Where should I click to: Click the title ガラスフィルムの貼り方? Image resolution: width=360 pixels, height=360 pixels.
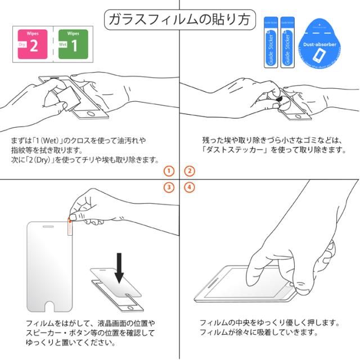[x=180, y=19]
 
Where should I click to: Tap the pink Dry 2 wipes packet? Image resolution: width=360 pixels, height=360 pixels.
[x=33, y=44]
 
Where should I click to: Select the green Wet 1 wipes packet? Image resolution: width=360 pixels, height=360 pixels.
[x=73, y=44]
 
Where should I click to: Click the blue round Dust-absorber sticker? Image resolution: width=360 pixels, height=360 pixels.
[x=319, y=44]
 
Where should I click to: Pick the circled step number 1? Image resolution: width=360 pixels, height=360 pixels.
[x=169, y=171]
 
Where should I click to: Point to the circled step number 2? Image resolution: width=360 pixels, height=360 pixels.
[x=190, y=171]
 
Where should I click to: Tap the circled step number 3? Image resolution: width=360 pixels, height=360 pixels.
[x=169, y=187]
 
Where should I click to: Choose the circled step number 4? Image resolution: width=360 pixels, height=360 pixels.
[x=190, y=187]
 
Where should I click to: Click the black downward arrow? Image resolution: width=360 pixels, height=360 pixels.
[x=119, y=268]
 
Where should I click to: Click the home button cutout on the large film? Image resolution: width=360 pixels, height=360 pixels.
[x=49, y=307]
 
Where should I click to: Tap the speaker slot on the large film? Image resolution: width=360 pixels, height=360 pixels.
[x=48, y=227]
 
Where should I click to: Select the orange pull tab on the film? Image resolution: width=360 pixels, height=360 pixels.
[x=70, y=226]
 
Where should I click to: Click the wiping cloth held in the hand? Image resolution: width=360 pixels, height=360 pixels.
[x=69, y=98]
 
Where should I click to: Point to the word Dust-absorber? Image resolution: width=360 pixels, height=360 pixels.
[x=319, y=44]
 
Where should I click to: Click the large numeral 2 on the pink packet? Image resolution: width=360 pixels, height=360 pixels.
[x=34, y=46]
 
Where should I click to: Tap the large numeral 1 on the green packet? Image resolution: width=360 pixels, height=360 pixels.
[x=74, y=46]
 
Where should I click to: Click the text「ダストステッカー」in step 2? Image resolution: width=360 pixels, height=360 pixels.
[x=235, y=150]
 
